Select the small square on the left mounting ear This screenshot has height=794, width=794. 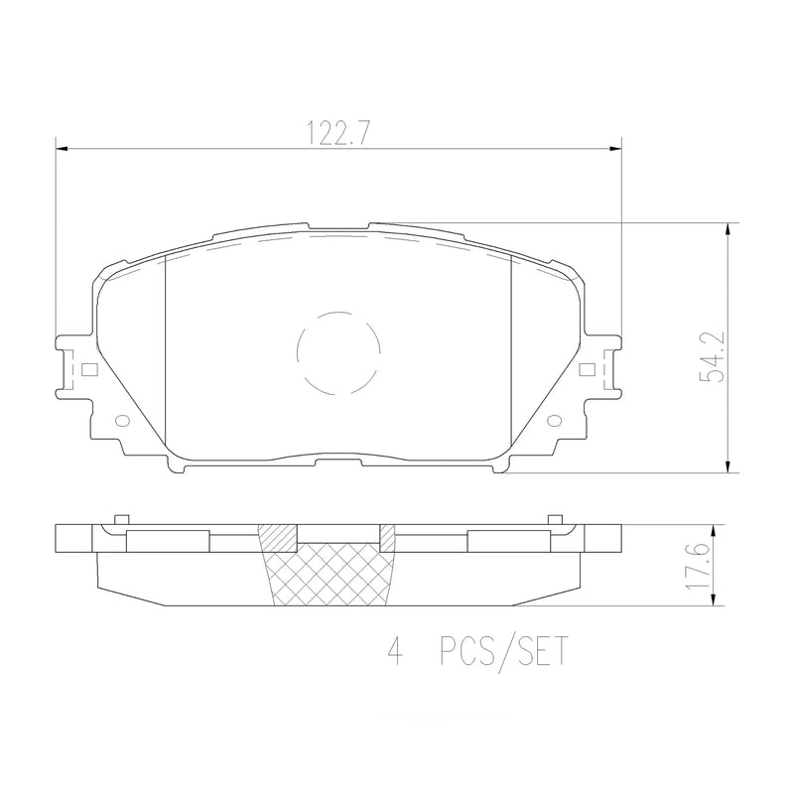(89, 371)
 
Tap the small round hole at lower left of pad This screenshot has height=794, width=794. (123, 420)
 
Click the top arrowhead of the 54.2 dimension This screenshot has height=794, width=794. (729, 229)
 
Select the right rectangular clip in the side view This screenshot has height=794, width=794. (506, 539)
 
